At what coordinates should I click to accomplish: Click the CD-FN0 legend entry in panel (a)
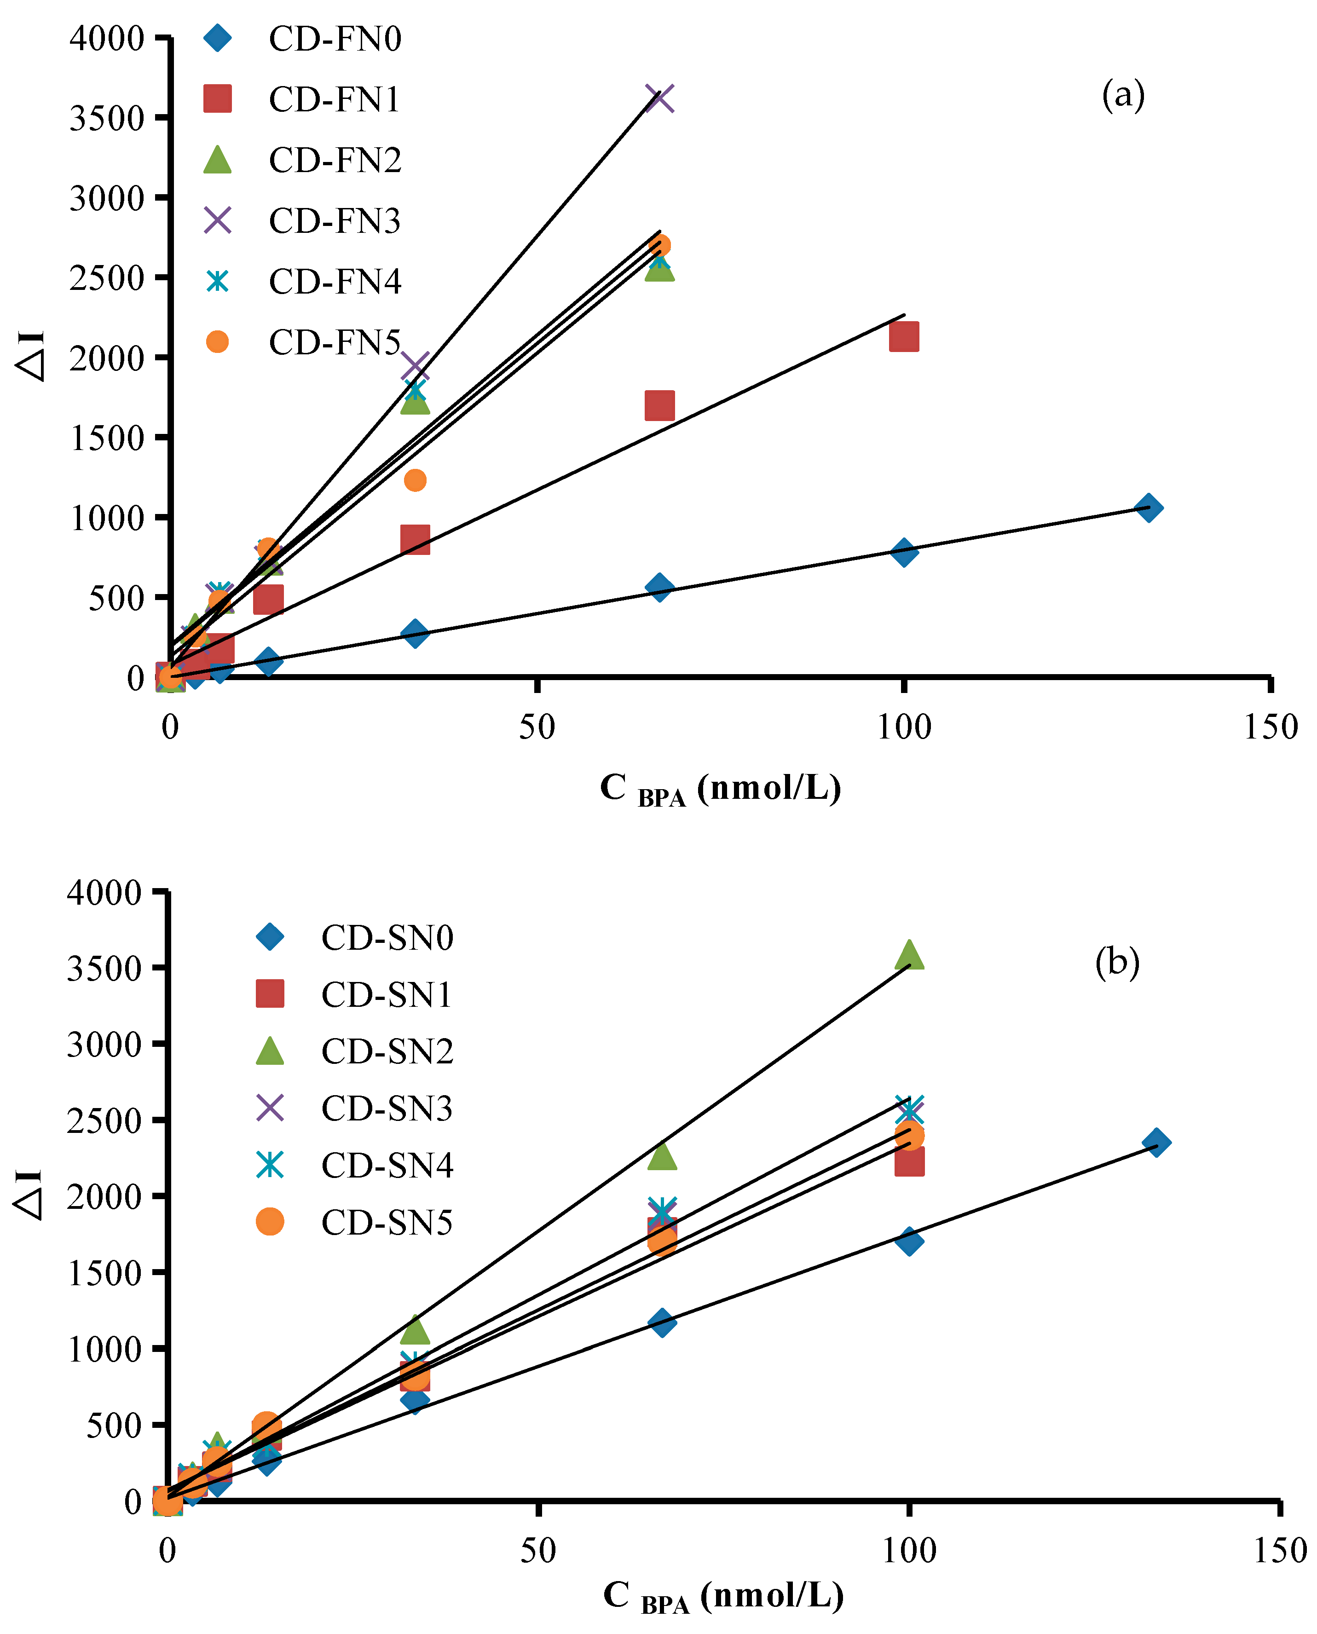334,39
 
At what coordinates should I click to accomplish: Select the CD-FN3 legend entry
334,221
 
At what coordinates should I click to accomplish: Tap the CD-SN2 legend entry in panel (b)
387,1051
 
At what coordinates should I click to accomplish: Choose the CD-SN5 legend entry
387,1223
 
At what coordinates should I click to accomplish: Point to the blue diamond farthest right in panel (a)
1149,508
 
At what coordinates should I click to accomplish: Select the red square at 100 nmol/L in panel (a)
904,337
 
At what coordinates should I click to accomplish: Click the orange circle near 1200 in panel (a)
415,480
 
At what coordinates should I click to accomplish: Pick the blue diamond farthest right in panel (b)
1155,1143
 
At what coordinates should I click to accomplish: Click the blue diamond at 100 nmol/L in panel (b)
909,1242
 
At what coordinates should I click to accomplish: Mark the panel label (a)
1123,96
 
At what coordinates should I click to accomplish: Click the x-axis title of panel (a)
720,790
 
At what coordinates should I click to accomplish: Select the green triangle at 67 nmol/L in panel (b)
662,1156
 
